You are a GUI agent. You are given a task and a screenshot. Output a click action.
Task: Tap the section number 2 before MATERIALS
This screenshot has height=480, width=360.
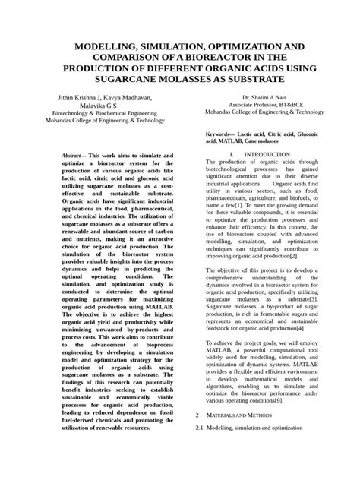click(x=197, y=436)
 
